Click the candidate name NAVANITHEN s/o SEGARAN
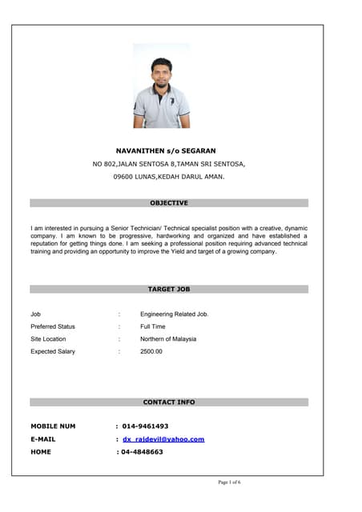(x=167, y=150)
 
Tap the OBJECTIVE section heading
(x=169, y=203)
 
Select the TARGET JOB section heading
(x=169, y=289)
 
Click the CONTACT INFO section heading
(x=169, y=402)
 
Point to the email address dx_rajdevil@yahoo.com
(x=163, y=439)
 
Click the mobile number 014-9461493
(x=145, y=426)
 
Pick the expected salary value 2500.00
(x=151, y=351)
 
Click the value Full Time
(x=153, y=326)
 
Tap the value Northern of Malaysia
(x=168, y=339)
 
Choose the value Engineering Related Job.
(x=175, y=314)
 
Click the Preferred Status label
(x=53, y=326)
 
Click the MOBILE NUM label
(x=53, y=426)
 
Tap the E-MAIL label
(x=43, y=439)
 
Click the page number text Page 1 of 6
(x=230, y=482)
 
